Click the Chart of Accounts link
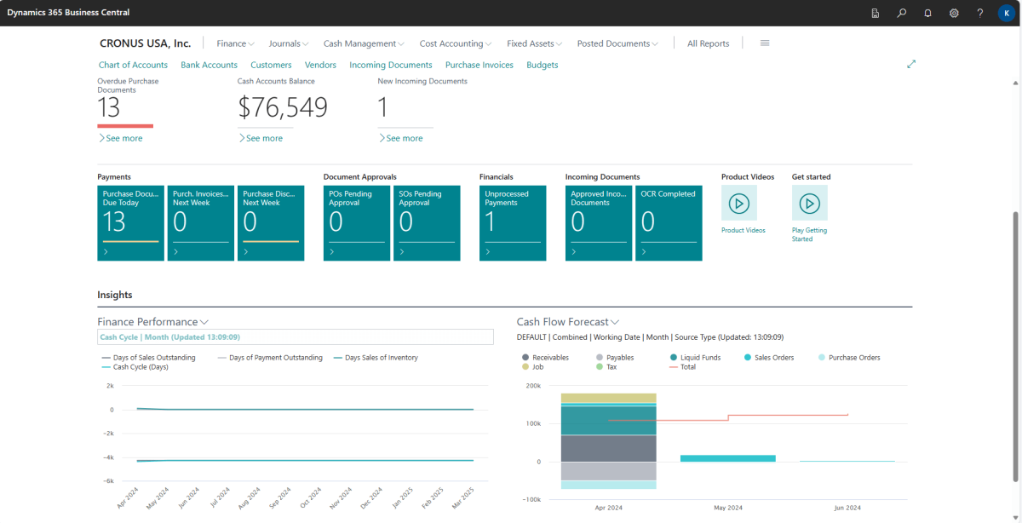[133, 65]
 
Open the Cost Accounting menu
[456, 43]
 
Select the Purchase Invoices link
[479, 65]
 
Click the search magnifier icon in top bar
[901, 13]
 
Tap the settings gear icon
[954, 13]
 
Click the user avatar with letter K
[1006, 13]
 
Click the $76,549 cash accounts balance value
[282, 107]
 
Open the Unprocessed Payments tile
[513, 222]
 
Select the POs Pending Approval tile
[357, 222]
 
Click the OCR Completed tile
[669, 222]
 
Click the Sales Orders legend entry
[773, 358]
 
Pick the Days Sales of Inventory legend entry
[381, 358]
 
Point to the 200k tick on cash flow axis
[533, 386]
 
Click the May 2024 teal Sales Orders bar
[727, 458]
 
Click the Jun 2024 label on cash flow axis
[847, 508]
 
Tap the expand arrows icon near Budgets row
[911, 64]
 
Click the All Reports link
[708, 43]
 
